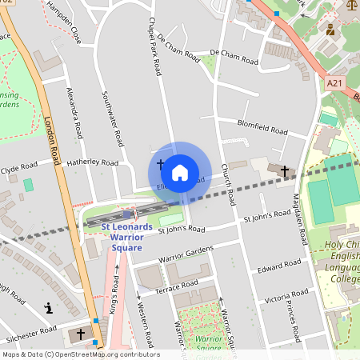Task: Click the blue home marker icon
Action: click(180, 172)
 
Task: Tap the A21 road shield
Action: click(335, 82)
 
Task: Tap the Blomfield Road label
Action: click(262, 126)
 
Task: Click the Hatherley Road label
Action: click(93, 162)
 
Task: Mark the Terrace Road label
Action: click(177, 286)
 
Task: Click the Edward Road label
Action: click(278, 266)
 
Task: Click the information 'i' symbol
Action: click(49, 307)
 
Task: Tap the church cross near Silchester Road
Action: click(80, 332)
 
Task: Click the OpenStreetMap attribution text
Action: click(80, 354)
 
